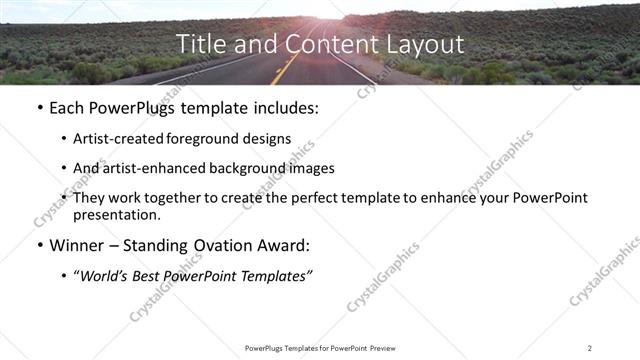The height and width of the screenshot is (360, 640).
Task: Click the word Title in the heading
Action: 197,45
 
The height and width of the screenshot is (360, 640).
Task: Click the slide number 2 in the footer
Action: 590,347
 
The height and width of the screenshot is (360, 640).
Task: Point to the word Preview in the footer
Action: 380,347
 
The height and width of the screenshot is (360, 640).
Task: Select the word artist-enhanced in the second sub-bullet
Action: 146,168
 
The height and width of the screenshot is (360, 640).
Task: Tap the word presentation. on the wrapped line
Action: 116,214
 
